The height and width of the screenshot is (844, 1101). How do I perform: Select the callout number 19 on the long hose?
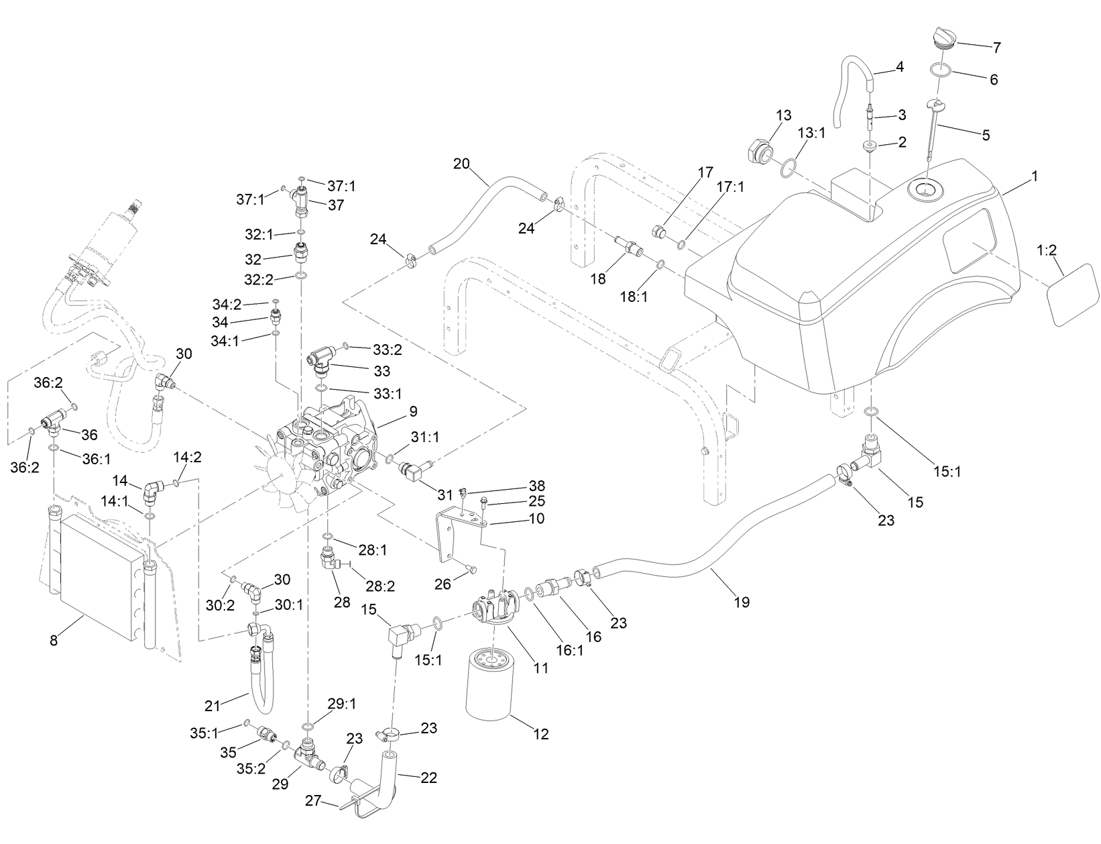[x=742, y=602]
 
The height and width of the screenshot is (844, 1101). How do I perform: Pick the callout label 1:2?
[x=1047, y=250]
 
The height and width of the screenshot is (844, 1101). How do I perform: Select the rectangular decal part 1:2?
[x=1070, y=294]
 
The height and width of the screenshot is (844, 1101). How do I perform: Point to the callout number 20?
[x=461, y=163]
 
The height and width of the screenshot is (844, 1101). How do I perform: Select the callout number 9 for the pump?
[x=412, y=411]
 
